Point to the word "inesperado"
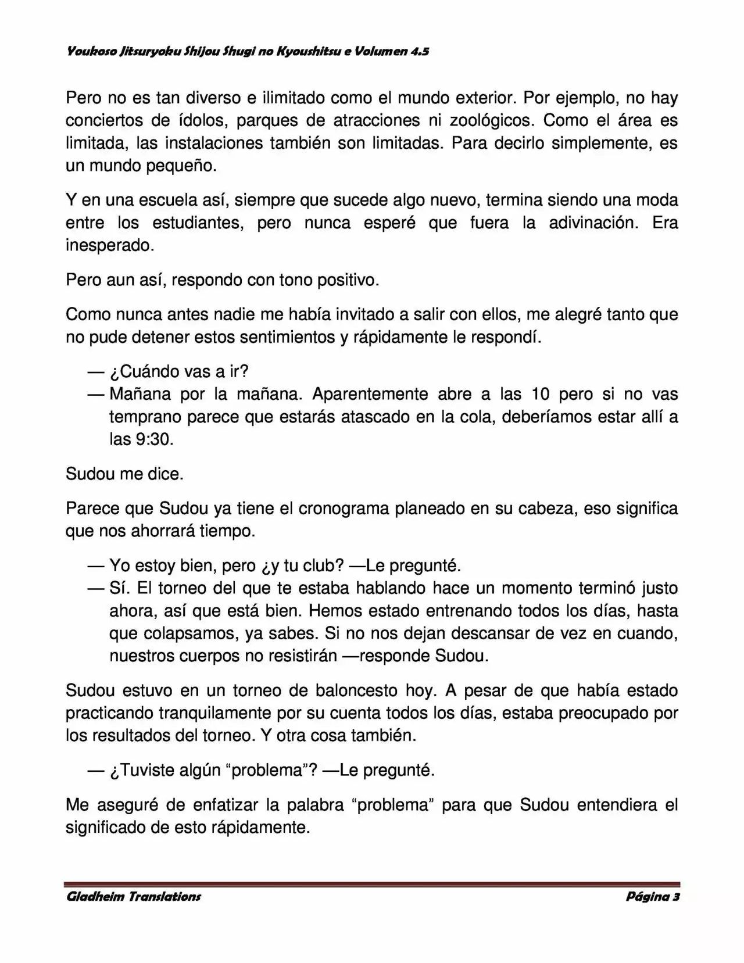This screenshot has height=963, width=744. click(x=109, y=246)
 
